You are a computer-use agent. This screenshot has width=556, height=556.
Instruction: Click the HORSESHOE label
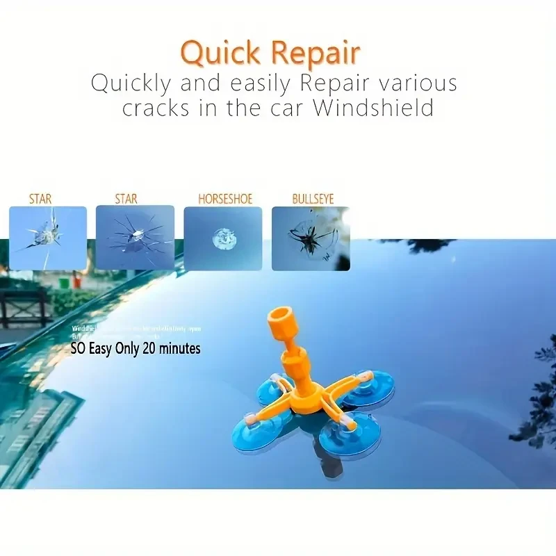(222, 199)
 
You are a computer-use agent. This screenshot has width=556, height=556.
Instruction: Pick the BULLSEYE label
(313, 199)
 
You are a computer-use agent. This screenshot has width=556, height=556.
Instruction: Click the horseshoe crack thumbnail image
(222, 238)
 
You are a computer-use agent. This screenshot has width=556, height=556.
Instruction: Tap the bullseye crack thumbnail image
(311, 238)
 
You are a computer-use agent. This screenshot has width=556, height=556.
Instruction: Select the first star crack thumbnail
(47, 238)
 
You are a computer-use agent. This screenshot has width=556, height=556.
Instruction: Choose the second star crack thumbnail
(135, 237)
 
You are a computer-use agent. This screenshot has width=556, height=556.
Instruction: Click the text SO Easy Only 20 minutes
(136, 348)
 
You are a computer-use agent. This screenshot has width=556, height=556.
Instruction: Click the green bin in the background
(64, 283)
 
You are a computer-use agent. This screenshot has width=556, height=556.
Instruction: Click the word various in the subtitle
(416, 83)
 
